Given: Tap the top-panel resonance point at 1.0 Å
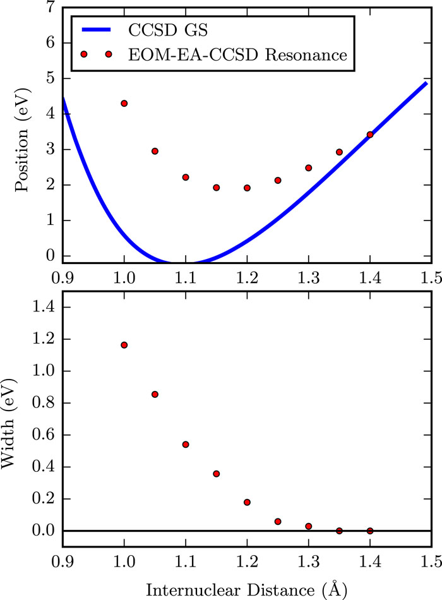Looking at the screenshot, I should tap(124, 103).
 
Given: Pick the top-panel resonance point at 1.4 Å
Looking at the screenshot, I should tap(370, 135).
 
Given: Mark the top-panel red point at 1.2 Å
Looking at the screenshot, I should tap(247, 188).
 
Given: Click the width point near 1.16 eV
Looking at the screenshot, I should tap(124, 345).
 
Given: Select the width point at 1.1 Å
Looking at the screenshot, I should tap(186, 445).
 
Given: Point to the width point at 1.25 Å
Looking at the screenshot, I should tap(278, 522).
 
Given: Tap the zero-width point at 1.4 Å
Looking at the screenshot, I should tap(370, 531).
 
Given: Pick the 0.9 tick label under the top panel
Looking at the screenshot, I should tap(63, 277).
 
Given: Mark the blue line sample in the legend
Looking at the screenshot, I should tap(95, 30).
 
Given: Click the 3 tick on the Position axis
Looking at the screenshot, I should tap(49, 150).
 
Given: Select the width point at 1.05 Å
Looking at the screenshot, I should tap(155, 394).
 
